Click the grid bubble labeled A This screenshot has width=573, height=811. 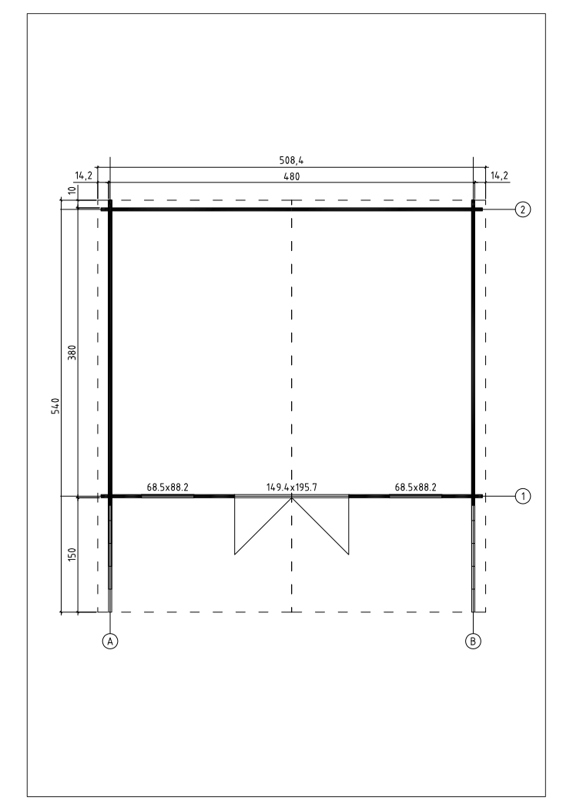coord(109,641)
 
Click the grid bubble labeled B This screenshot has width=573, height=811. coord(473,641)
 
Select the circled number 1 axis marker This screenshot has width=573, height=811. coord(524,497)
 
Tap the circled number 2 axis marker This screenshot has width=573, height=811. coord(524,209)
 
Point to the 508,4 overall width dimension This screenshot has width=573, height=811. coord(292,161)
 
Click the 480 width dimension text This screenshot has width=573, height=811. coord(292,176)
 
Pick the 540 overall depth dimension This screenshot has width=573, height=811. coord(56,405)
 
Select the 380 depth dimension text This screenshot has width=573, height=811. coord(72,353)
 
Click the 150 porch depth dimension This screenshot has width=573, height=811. coord(72,555)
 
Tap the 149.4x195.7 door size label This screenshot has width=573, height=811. coord(292,488)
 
